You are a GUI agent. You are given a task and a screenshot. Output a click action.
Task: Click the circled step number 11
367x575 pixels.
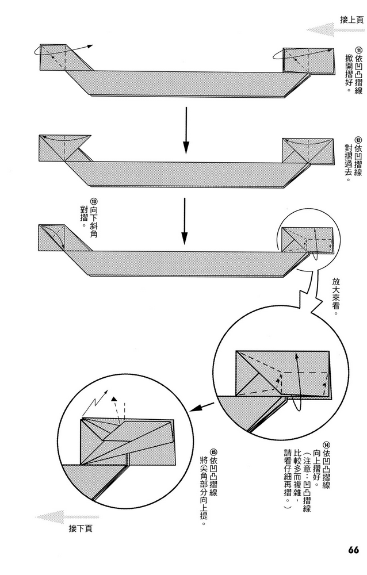[358, 50]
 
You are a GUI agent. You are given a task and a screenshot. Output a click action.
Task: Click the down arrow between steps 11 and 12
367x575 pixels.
[185, 131]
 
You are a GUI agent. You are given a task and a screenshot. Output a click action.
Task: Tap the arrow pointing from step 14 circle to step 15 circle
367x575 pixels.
[200, 408]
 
